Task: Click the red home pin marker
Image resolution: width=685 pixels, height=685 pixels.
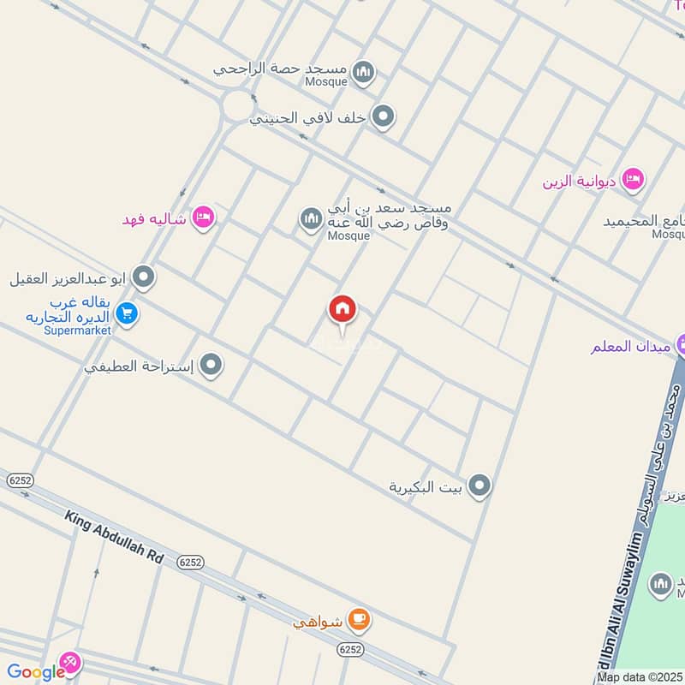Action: (342, 310)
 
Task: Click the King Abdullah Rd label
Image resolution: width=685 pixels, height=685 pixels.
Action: (114, 537)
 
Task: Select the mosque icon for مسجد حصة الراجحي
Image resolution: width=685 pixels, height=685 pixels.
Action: (364, 72)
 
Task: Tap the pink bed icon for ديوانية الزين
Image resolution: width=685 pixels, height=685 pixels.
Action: (634, 180)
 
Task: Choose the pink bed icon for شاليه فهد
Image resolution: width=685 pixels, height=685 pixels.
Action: (203, 217)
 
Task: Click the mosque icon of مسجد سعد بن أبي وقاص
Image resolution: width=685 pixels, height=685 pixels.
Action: (310, 220)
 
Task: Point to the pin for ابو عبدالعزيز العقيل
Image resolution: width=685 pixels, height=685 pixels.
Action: (145, 277)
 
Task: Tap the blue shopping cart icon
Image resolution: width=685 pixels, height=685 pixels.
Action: (128, 315)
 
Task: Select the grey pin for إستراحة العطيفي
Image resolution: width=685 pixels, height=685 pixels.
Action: (211, 366)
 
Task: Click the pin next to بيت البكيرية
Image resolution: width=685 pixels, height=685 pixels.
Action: (480, 487)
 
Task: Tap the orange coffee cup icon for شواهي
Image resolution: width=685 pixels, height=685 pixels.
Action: (359, 621)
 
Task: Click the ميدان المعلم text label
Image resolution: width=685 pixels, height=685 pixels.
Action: (632, 347)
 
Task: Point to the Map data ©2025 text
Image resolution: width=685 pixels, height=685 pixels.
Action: (639, 676)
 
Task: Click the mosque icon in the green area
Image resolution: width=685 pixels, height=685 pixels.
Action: (660, 585)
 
